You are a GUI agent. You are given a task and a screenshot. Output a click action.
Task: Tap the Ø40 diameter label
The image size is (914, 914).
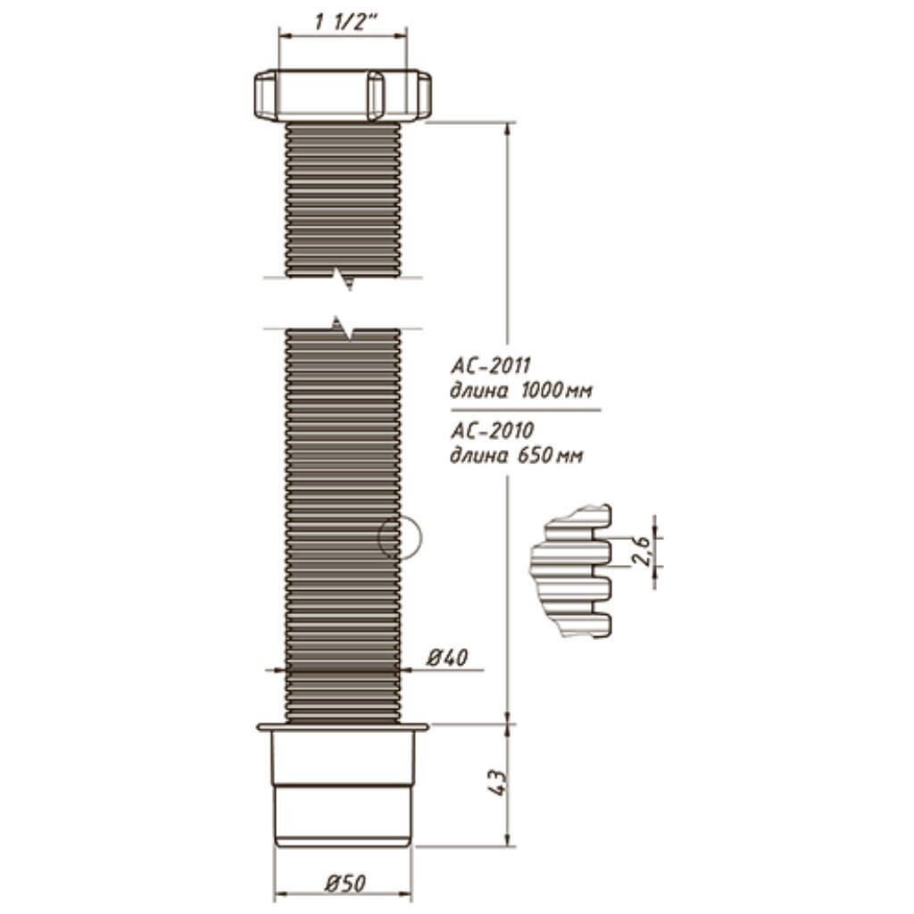click(447, 658)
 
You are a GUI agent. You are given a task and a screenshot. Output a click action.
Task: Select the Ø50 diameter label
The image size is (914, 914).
click(345, 884)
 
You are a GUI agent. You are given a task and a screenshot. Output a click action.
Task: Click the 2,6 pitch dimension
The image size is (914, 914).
click(640, 551)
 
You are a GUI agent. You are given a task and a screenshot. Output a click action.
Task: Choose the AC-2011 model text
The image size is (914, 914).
click(491, 366)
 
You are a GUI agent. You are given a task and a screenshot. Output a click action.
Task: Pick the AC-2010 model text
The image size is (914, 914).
click(492, 431)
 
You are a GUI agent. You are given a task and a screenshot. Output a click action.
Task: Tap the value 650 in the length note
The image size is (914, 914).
click(534, 454)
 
